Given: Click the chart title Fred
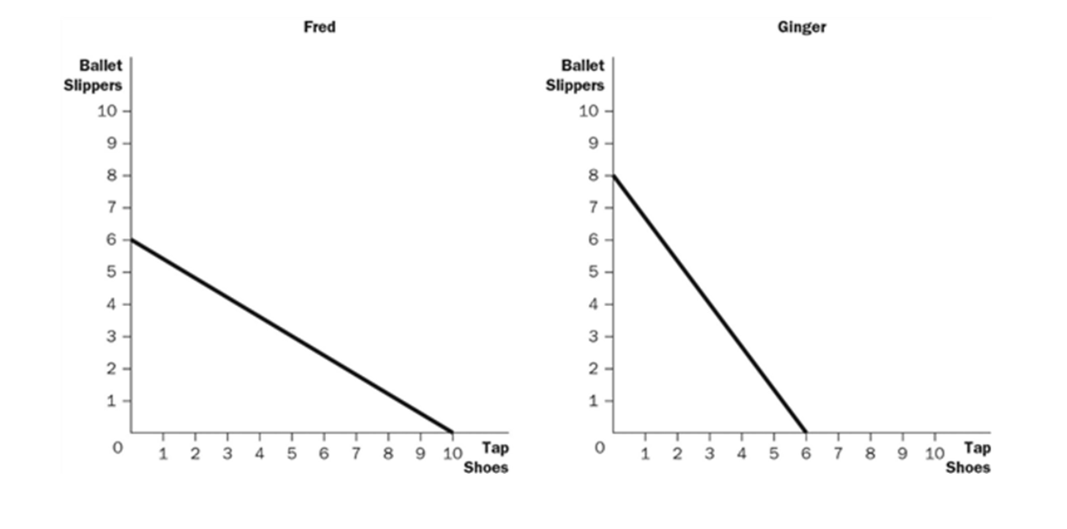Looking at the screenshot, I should pos(319,27).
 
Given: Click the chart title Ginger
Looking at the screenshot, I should pos(801,27).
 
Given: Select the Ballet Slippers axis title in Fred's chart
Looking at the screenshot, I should pos(93,75).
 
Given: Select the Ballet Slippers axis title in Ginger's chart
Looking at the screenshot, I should pos(575,75).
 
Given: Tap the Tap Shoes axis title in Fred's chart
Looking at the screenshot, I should pos(485,457).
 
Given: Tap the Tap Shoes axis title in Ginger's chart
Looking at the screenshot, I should pos(967,457).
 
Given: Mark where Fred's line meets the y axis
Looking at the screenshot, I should pos(132,239).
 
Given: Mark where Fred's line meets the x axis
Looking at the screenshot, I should pos(452,432).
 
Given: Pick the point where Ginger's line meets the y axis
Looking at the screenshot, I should pos(614,175).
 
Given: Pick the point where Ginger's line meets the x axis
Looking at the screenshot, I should pos(805,432).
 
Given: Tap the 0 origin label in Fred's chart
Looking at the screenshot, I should pos(118,448).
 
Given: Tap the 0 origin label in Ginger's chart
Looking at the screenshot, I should pos(600,448).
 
